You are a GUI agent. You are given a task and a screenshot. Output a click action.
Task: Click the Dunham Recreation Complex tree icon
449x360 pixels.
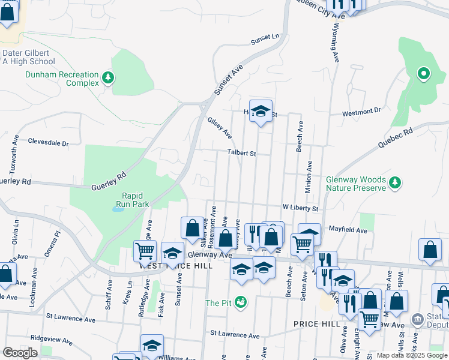coord(108,77)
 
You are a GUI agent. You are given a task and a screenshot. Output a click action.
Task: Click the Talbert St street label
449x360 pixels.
coord(241,154)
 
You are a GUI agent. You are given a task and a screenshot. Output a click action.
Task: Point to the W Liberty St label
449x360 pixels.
coord(300,208)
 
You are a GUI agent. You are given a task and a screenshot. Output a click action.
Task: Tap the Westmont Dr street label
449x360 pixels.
coord(361,112)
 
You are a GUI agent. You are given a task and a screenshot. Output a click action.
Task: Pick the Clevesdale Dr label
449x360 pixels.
coord(49,143)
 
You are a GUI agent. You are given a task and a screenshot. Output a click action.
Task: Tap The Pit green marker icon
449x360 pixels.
coord(241,302)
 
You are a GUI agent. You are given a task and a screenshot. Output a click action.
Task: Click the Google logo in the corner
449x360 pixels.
coord(20,353)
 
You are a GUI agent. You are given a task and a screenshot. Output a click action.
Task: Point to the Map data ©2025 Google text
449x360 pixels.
coord(412,355)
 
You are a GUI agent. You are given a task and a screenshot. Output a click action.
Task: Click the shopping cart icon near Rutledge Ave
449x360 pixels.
coord(145,251)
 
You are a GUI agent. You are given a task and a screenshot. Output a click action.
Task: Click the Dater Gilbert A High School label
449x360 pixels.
coord(28,57)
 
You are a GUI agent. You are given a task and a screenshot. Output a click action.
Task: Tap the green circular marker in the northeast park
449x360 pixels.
coord(423,74)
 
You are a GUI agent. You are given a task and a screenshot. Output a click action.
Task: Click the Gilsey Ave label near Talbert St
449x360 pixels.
coord(220,127)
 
